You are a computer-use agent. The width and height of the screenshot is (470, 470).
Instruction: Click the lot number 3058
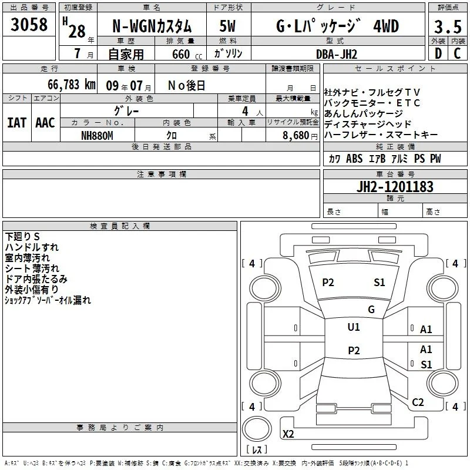click(29, 24)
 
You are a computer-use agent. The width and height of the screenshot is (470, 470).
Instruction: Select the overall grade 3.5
click(448, 26)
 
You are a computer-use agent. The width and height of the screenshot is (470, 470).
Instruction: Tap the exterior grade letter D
click(438, 53)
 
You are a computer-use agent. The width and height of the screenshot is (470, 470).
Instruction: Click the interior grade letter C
click(457, 53)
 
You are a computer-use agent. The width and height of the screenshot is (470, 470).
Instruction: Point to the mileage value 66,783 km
click(72, 85)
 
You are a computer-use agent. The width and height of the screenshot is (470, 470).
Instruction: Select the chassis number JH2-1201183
click(395, 186)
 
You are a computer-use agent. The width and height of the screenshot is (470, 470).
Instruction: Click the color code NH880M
click(97, 136)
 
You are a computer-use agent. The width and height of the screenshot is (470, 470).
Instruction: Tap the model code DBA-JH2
click(337, 54)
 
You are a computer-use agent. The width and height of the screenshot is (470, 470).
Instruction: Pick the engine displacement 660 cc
click(187, 54)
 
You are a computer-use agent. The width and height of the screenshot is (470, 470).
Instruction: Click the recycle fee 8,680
click(296, 136)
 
